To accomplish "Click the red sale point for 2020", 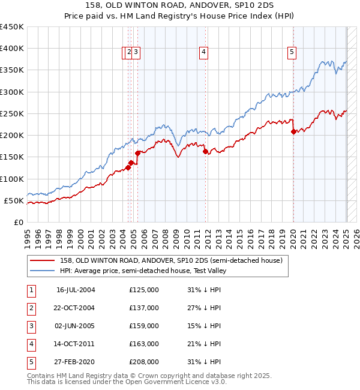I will click(x=293, y=131).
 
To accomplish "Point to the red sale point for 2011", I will click(x=205, y=151).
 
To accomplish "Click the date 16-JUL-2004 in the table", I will click(x=76, y=290).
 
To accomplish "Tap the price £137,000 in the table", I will click(x=144, y=308).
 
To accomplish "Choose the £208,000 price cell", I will click(x=144, y=362).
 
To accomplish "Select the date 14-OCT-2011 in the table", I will click(x=76, y=344).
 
